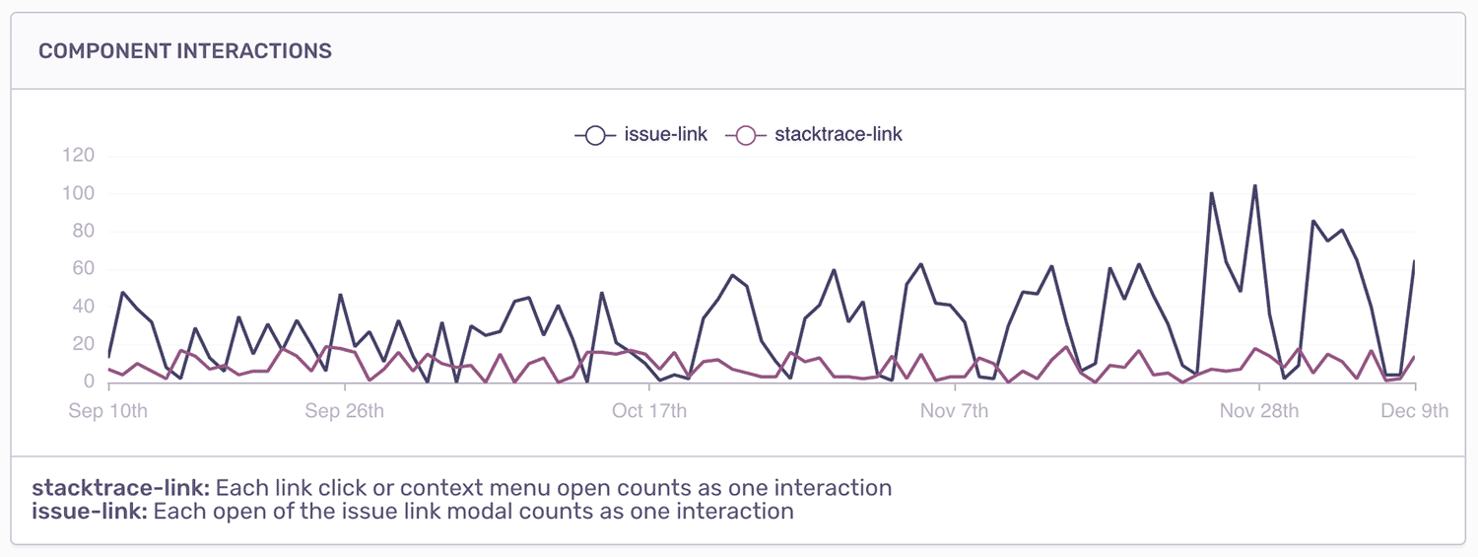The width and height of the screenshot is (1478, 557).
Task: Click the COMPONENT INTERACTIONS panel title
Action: click(185, 51)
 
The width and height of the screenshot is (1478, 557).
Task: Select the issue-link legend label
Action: click(666, 135)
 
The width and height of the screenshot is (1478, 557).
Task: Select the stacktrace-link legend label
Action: click(839, 135)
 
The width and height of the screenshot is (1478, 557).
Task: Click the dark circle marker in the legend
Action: click(595, 136)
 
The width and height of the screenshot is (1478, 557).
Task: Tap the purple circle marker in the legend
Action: click(746, 136)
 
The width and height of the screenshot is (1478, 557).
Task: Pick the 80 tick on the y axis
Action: click(82, 232)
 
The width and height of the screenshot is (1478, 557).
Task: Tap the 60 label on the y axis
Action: click(82, 269)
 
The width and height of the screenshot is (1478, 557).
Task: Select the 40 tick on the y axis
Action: click(82, 307)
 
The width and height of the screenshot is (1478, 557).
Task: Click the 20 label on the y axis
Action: click(82, 344)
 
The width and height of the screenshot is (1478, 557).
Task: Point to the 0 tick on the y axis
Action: click(88, 382)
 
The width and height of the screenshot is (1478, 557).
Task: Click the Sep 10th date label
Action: click(107, 411)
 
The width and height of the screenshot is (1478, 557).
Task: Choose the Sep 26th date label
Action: click(344, 411)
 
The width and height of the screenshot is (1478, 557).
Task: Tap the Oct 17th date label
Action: click(649, 411)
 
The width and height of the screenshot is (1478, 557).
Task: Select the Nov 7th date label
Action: click(954, 411)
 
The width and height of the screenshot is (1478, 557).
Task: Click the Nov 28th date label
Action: click(1258, 411)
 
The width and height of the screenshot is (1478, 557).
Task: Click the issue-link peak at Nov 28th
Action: click(1255, 185)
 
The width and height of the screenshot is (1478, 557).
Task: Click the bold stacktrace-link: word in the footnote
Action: click(121, 488)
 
